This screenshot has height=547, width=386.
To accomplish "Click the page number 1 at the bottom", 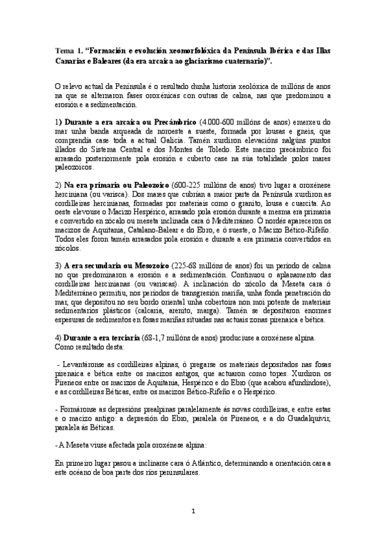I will (193, 510).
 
